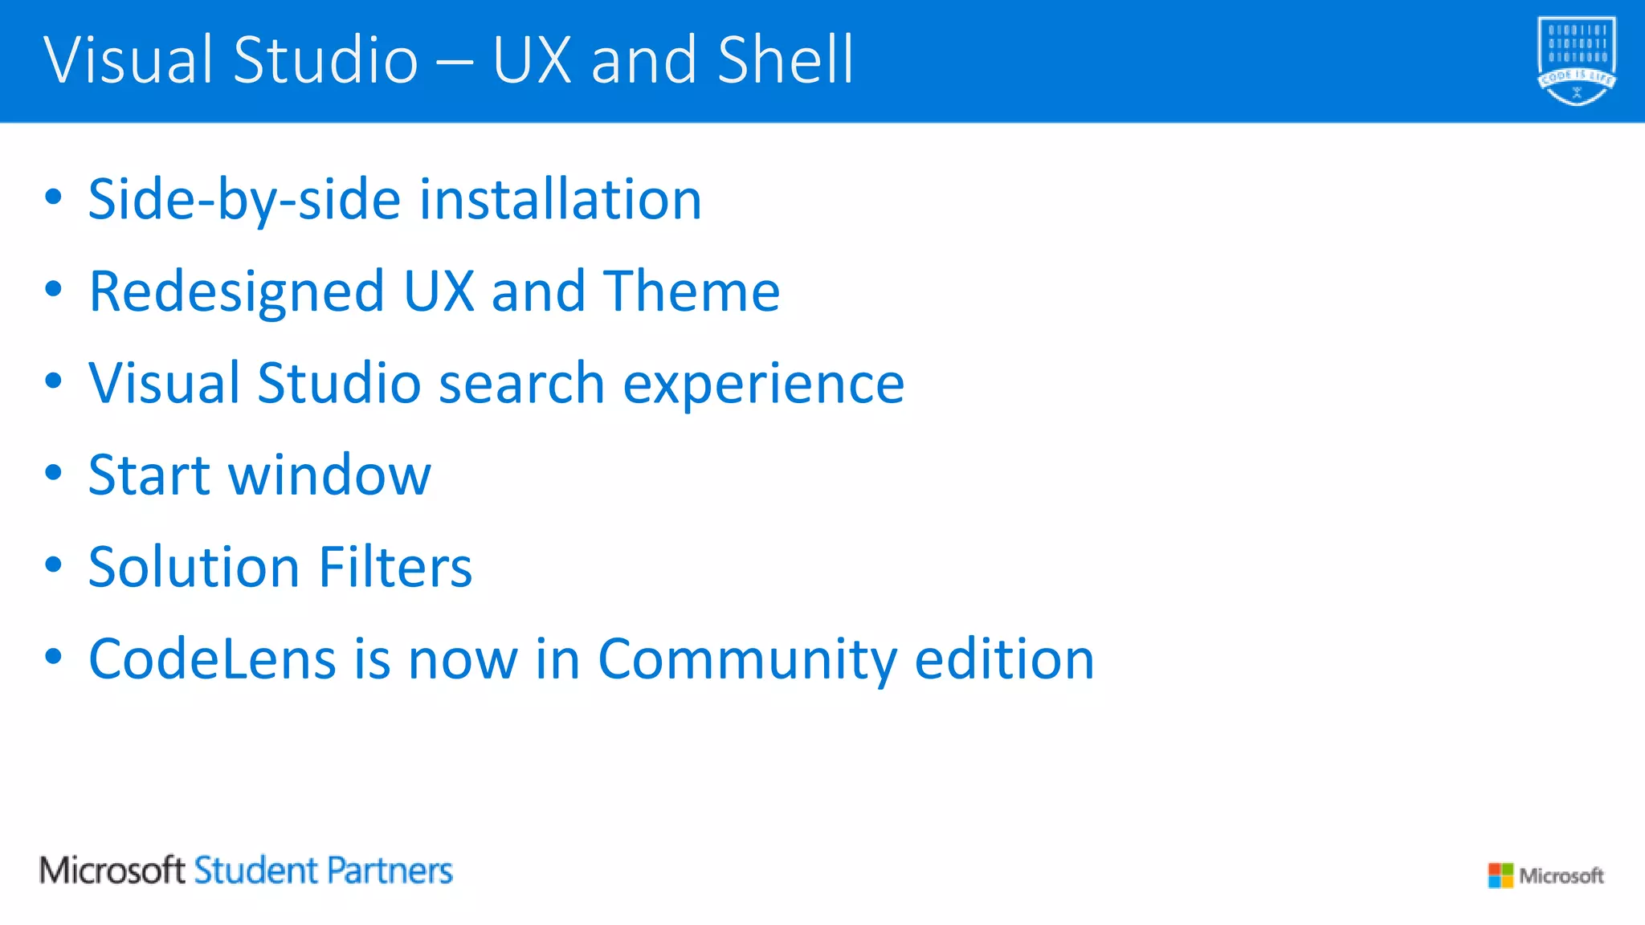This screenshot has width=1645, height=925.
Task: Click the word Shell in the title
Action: click(x=786, y=60)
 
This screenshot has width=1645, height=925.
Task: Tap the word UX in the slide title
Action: click(x=533, y=60)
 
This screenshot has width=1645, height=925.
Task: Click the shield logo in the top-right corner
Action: click(x=1576, y=61)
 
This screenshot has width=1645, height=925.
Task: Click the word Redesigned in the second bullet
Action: click(x=236, y=292)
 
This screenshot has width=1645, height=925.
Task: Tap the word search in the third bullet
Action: click(x=521, y=383)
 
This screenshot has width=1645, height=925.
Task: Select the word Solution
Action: click(x=194, y=567)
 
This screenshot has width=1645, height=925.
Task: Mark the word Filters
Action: click(x=395, y=567)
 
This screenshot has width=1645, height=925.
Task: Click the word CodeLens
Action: click(x=212, y=659)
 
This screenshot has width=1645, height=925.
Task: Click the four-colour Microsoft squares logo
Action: click(x=1500, y=875)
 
